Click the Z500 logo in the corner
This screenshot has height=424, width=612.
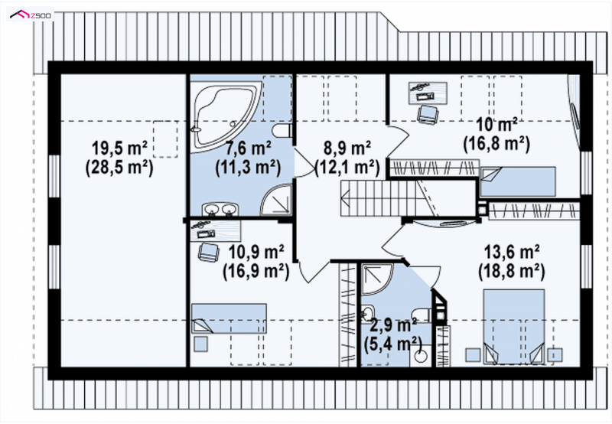click(31, 15)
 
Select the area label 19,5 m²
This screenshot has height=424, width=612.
click(119, 148)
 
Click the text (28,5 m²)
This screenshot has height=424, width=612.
click(119, 168)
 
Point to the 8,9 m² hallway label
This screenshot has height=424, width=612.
click(347, 148)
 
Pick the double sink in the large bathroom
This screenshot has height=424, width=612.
click(220, 209)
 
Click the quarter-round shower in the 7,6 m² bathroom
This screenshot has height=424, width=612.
click(276, 200)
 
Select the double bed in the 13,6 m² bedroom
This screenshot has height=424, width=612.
click(513, 326)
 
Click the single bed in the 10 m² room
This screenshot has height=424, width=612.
click(518, 181)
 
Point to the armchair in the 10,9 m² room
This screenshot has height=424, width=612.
click(208, 252)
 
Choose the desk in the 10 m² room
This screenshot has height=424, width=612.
click(428, 93)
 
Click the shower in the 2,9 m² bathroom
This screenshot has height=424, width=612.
click(376, 279)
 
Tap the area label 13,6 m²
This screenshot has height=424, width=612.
click(511, 252)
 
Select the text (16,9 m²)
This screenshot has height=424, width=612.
click(256, 271)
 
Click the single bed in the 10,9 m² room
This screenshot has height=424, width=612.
click(229, 318)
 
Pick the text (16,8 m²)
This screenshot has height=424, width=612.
click(496, 144)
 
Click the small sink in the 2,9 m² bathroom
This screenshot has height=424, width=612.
click(367, 314)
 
